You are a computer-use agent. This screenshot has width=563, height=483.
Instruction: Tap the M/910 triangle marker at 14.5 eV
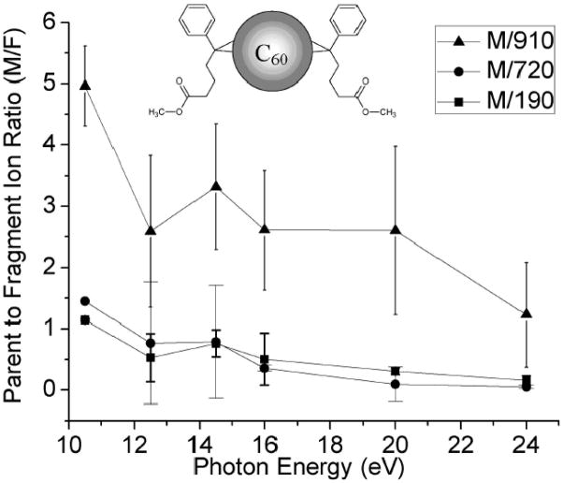coord(216,186)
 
